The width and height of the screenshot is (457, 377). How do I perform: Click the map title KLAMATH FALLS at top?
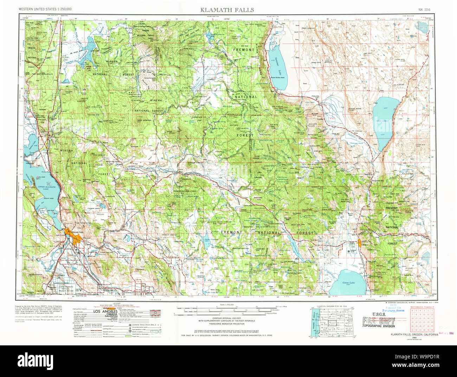[x=227, y=10]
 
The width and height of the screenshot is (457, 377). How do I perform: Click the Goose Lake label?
[x=348, y=282]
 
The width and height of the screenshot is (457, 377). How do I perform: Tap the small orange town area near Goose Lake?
[x=359, y=242]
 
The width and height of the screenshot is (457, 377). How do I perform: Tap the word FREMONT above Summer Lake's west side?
[x=243, y=50]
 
